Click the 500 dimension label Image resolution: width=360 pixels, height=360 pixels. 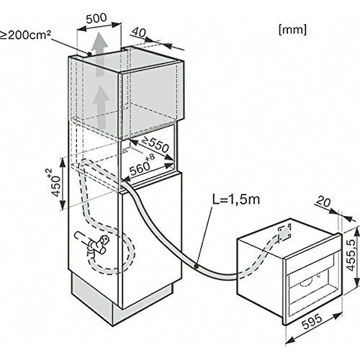(x=96, y=18)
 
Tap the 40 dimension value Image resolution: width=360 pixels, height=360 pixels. (x=138, y=32)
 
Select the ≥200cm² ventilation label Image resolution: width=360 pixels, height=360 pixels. (x=25, y=35)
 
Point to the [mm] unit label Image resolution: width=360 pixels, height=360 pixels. (x=292, y=30)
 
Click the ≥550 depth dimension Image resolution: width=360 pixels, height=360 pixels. (x=156, y=145)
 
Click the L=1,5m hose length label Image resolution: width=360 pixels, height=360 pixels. (x=236, y=199)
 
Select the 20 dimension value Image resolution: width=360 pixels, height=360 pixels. (x=323, y=202)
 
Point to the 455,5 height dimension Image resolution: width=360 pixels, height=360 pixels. (x=352, y=255)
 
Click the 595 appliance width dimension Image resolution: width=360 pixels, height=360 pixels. (x=312, y=322)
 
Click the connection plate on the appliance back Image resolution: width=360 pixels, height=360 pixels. (x=284, y=232)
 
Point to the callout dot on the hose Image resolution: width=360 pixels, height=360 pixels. (x=196, y=266)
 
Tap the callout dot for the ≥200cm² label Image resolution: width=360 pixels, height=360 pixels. (x=89, y=54)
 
